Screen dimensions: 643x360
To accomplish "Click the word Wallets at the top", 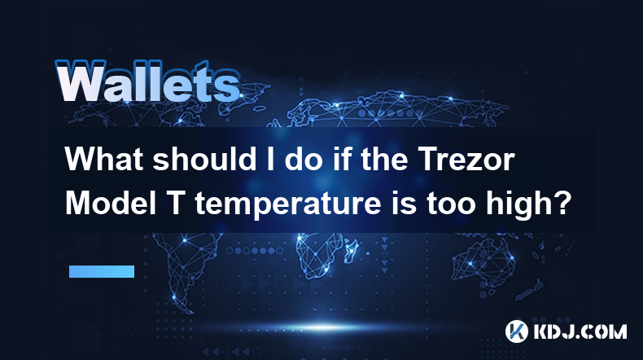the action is [x=148, y=81].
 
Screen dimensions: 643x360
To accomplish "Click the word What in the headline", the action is [x=104, y=159].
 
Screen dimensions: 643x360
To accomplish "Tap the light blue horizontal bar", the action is [x=102, y=271].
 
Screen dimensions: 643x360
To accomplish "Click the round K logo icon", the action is [x=516, y=331].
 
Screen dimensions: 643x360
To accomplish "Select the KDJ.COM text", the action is [x=580, y=331].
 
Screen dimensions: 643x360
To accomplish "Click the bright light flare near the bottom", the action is [x=324, y=327].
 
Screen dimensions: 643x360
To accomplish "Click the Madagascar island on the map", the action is [x=350, y=250].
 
